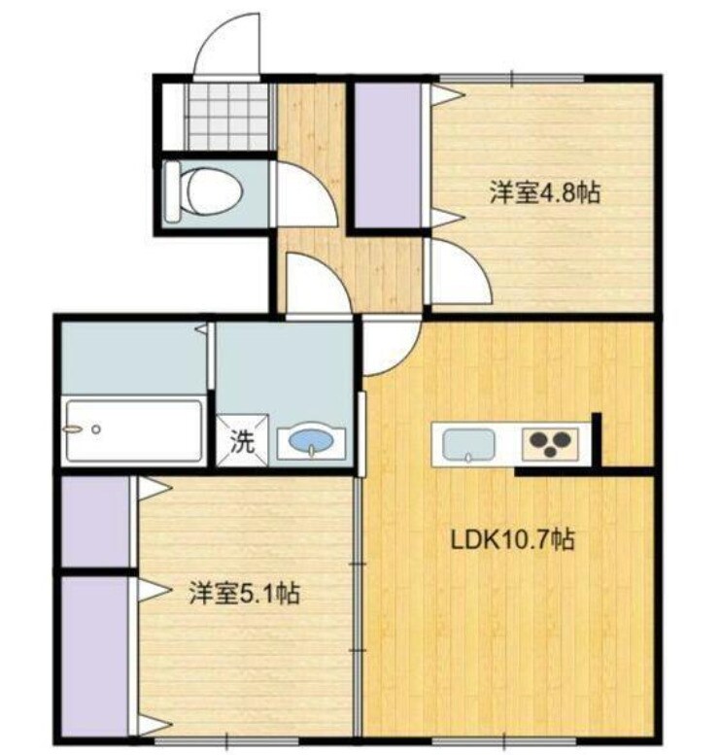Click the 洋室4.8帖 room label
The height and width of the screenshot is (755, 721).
click(x=543, y=193)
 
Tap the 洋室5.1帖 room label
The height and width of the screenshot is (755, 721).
click(x=243, y=592)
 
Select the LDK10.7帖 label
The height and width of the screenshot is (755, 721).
click(x=511, y=539)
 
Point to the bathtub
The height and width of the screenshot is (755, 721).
click(x=132, y=429)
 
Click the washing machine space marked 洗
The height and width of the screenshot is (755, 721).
click(x=242, y=441)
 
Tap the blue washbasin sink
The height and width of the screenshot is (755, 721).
click(x=310, y=443)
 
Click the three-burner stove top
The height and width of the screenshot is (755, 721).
click(x=550, y=443)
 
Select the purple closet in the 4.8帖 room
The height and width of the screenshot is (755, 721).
click(x=387, y=156)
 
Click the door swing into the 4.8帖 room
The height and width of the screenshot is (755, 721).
click(x=459, y=272)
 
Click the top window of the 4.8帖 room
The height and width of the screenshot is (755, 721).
click(x=510, y=77)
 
